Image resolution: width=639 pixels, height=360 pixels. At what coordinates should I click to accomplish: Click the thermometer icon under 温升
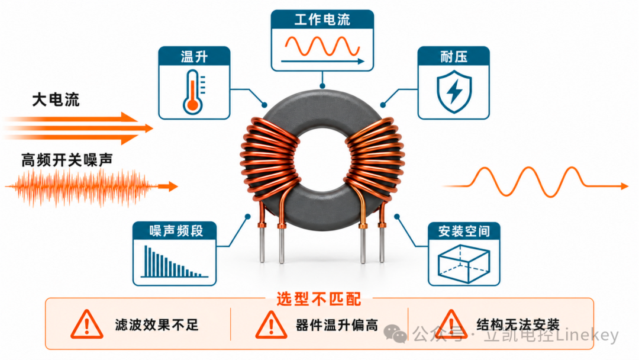[x=193, y=92]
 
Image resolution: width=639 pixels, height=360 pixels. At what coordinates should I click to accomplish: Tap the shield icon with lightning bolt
[x=454, y=91]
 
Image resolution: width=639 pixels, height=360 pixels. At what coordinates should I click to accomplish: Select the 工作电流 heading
[x=322, y=19]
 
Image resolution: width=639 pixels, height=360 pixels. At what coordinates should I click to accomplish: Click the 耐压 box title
[x=454, y=56]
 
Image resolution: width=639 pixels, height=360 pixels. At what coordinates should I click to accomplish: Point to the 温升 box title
[x=194, y=57]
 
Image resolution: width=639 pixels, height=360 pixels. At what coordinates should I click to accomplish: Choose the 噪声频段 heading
[x=176, y=231]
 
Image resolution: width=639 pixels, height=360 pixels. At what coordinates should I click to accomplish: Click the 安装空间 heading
[x=464, y=231]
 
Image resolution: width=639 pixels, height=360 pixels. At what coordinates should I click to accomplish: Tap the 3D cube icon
[x=464, y=263]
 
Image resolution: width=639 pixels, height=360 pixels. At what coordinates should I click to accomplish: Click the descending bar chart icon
[x=175, y=261]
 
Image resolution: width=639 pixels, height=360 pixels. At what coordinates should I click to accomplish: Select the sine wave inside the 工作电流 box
[x=322, y=46]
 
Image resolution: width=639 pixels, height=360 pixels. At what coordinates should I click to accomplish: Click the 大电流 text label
[x=56, y=99]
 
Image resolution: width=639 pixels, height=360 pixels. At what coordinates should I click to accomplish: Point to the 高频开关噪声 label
[x=67, y=160]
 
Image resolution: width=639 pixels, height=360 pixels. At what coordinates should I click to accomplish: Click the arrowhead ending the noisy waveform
[x=173, y=187]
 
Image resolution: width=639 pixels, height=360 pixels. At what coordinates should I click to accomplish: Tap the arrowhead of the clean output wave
[x=624, y=186]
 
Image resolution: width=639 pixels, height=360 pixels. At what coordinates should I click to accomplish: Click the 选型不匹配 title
[x=319, y=299]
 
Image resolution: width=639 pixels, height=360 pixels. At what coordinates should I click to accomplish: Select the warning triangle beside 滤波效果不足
[x=86, y=324]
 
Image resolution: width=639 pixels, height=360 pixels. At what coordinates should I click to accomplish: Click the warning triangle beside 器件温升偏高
[x=271, y=325]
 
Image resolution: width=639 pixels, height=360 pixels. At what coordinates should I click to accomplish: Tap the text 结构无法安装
[x=518, y=325]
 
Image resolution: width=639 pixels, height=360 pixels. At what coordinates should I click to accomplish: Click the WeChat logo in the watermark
[x=395, y=334]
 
